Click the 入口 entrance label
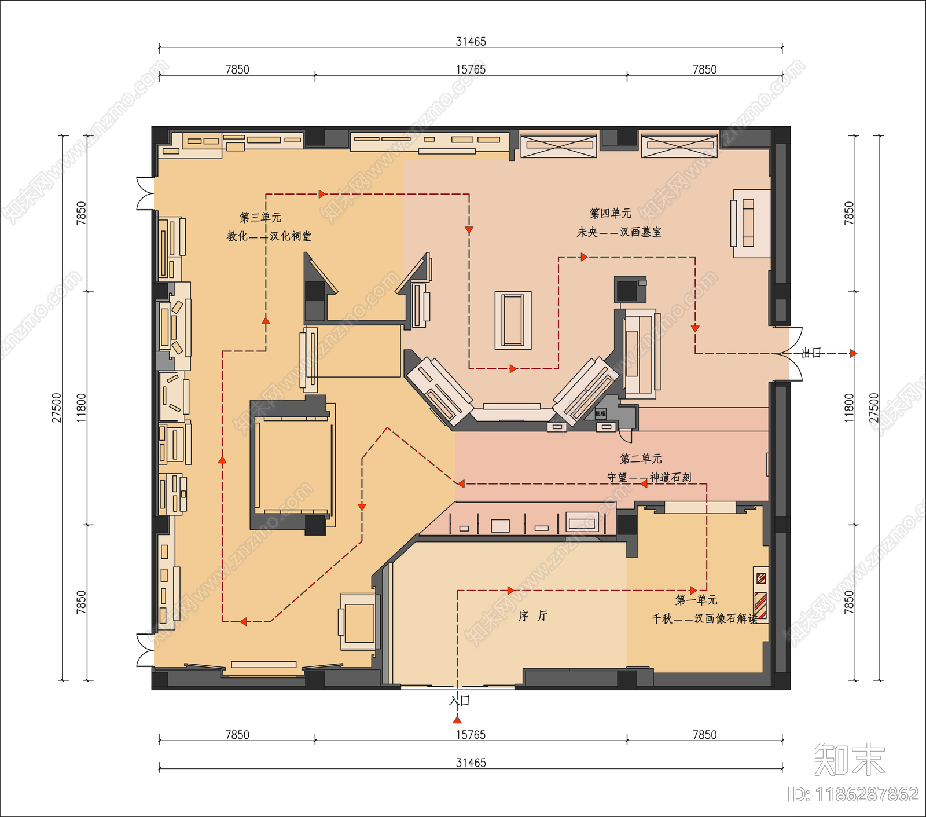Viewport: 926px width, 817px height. coord(460,701)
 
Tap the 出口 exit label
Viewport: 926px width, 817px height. coord(811,353)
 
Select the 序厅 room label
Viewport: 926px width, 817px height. coord(532,616)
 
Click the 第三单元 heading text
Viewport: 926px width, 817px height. coord(260,217)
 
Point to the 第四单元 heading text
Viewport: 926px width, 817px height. coord(610,213)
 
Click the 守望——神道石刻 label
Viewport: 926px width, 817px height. coord(649,477)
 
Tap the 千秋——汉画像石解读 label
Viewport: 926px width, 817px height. coord(704,618)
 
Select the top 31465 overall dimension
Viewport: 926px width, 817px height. coord(471,41)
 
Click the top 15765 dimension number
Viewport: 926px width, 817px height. coord(471,69)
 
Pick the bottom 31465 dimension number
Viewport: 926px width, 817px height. coord(471,763)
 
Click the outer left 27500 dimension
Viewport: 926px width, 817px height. coord(57,408)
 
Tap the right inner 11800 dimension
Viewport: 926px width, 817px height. coord(848,408)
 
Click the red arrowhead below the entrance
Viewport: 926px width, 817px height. coord(457,719)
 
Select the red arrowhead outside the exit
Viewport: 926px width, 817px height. coord(853,353)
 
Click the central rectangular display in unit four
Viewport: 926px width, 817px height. coord(513,320)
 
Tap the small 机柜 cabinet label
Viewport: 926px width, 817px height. coord(600,413)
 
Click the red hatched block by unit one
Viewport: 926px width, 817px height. coord(761,605)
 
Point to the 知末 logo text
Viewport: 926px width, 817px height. coord(849,759)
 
